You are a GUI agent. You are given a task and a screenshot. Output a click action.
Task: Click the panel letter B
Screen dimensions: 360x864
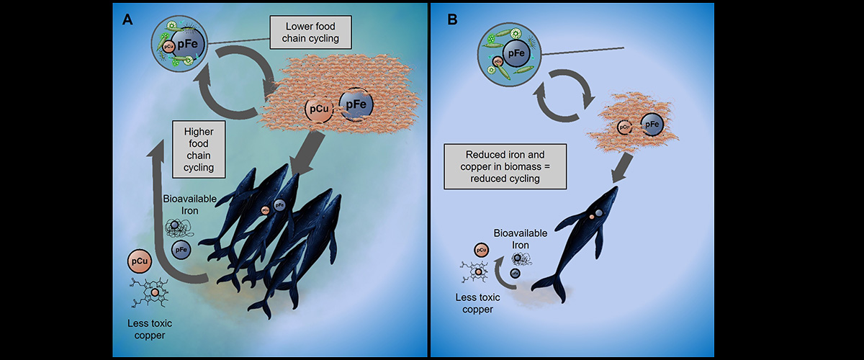453,19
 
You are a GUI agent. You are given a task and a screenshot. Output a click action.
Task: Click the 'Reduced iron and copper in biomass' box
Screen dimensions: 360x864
504,166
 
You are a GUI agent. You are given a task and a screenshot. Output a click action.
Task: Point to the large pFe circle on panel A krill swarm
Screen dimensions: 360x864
356,104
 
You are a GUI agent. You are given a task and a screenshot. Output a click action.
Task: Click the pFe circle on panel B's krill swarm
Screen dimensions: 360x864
652,125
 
